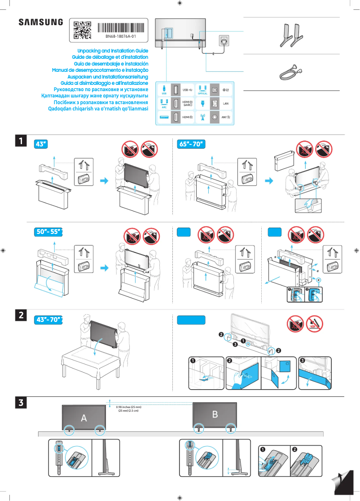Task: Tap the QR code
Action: tap(82, 29)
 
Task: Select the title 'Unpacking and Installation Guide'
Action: tap(113, 52)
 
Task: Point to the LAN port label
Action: tap(226, 104)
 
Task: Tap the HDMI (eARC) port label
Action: tap(188, 104)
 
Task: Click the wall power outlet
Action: tap(224, 41)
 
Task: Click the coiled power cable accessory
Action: tap(290, 71)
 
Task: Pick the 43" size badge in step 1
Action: tap(41, 144)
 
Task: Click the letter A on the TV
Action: tap(83, 418)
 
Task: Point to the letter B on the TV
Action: tap(215, 414)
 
